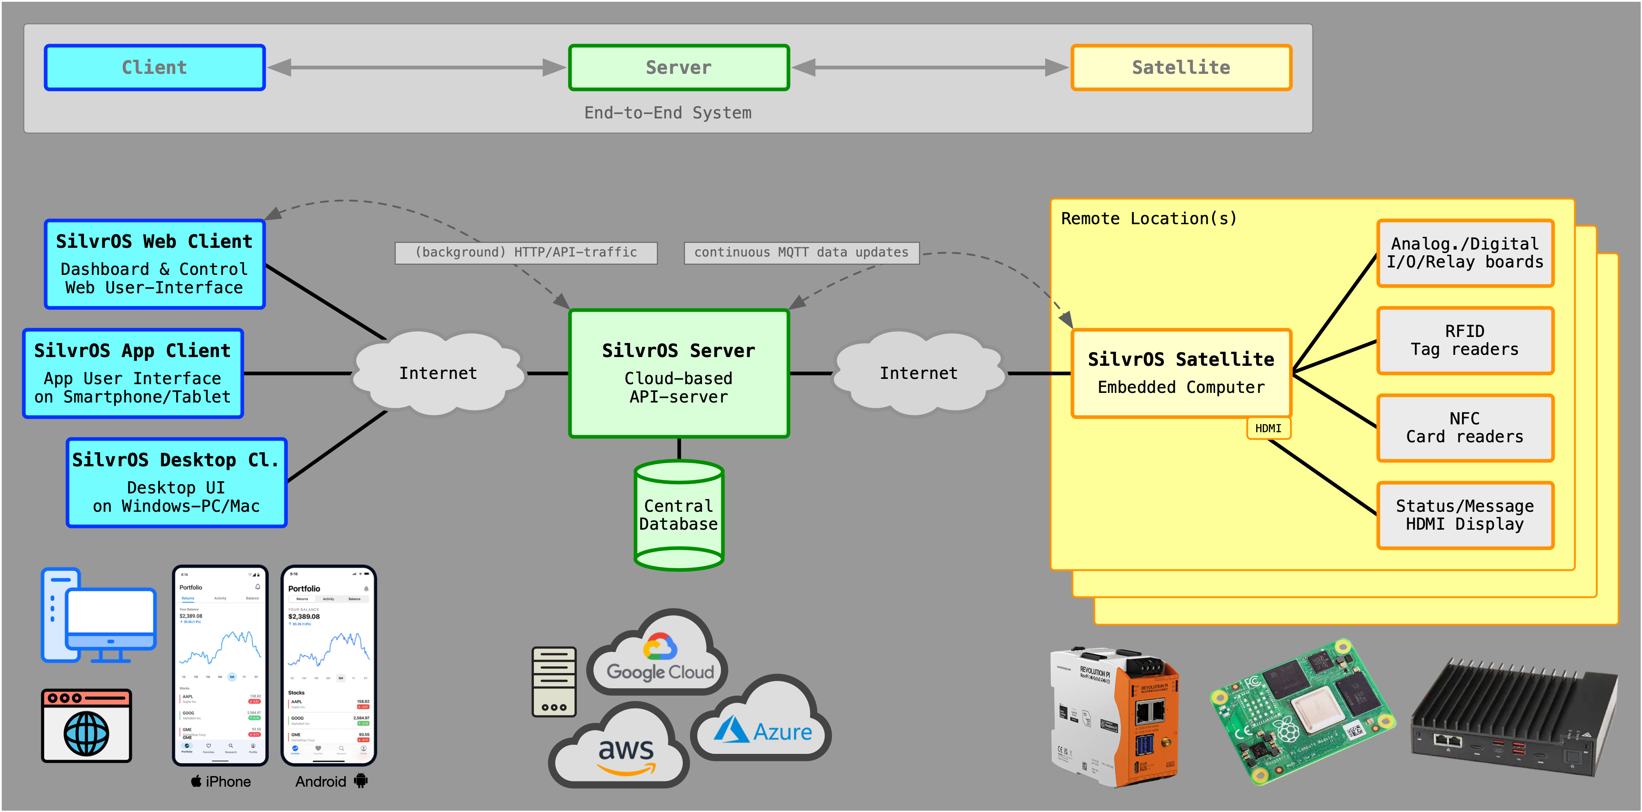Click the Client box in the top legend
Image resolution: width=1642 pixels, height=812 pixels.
coord(154,68)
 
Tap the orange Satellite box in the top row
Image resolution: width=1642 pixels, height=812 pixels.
coord(1181,68)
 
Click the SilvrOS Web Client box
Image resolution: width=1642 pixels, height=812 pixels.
coord(154,264)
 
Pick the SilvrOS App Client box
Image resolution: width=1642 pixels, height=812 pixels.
coord(132,374)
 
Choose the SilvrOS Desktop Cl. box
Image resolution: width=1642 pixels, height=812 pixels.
coord(176,482)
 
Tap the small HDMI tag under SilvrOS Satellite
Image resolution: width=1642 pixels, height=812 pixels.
coord(1268,428)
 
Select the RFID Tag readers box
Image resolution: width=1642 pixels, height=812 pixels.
coord(1464,340)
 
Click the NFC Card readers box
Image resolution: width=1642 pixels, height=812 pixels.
coord(1464,428)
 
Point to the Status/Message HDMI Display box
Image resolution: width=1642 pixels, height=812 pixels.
coord(1464,515)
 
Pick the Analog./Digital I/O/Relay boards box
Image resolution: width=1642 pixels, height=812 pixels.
coord(1464,253)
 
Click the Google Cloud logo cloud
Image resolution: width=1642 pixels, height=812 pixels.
coord(659,653)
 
